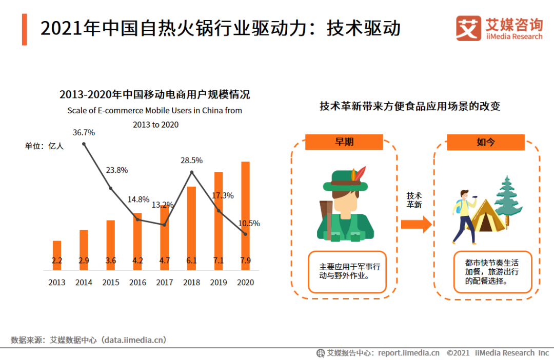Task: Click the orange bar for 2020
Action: pyautogui.click(x=245, y=215)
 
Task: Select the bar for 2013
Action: pyautogui.click(x=57, y=255)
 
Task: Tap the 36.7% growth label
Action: pyautogui.click(x=84, y=132)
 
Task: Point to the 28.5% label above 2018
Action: pyautogui.click(x=191, y=161)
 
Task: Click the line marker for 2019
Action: pyautogui.click(x=219, y=211)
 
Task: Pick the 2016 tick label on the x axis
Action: pyautogui.click(x=137, y=283)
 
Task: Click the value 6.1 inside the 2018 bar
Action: pyautogui.click(x=191, y=261)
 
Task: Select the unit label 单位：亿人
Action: pyautogui.click(x=44, y=146)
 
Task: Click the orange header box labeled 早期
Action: pyautogui.click(x=344, y=142)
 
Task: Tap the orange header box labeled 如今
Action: pyautogui.click(x=485, y=142)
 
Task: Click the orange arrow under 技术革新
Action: pyautogui.click(x=415, y=224)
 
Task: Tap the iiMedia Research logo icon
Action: pyautogui.click(x=468, y=28)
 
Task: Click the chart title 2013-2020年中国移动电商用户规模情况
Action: pyautogui.click(x=154, y=95)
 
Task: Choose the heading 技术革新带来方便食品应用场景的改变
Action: pyautogui.click(x=409, y=107)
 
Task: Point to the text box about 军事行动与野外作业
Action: pyautogui.click(x=347, y=272)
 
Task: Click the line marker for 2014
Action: pyautogui.click(x=84, y=144)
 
